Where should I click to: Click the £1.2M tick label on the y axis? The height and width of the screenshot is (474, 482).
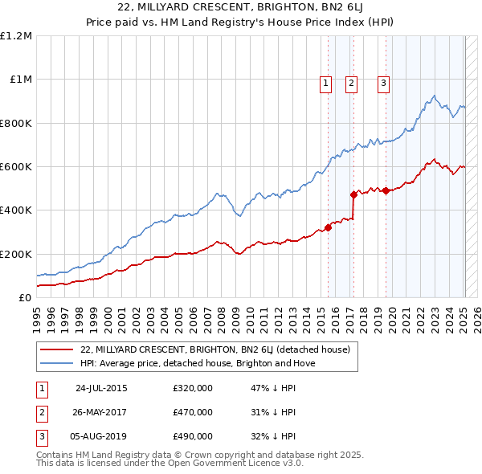coord(16,36)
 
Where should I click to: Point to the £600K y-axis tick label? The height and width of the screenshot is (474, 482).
coord(16,167)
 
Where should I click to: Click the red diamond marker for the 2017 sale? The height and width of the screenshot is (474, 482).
coord(353,194)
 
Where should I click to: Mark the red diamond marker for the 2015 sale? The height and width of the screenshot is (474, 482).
coord(328,227)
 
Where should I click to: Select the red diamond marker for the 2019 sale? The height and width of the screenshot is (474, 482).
coord(386,190)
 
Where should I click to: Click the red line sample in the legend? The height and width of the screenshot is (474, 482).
coord(56,349)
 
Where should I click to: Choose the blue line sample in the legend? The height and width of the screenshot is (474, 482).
coord(56,363)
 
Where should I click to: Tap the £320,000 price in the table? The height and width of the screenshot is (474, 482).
coord(193,388)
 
